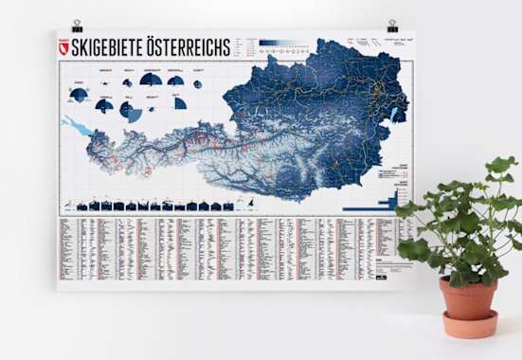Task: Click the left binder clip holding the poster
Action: click(x=65, y=25)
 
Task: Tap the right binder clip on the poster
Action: click(x=392, y=26)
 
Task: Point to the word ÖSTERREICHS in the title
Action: click(x=189, y=46)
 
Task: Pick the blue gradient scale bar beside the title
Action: click(x=284, y=43)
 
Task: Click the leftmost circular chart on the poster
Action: click(x=79, y=94)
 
